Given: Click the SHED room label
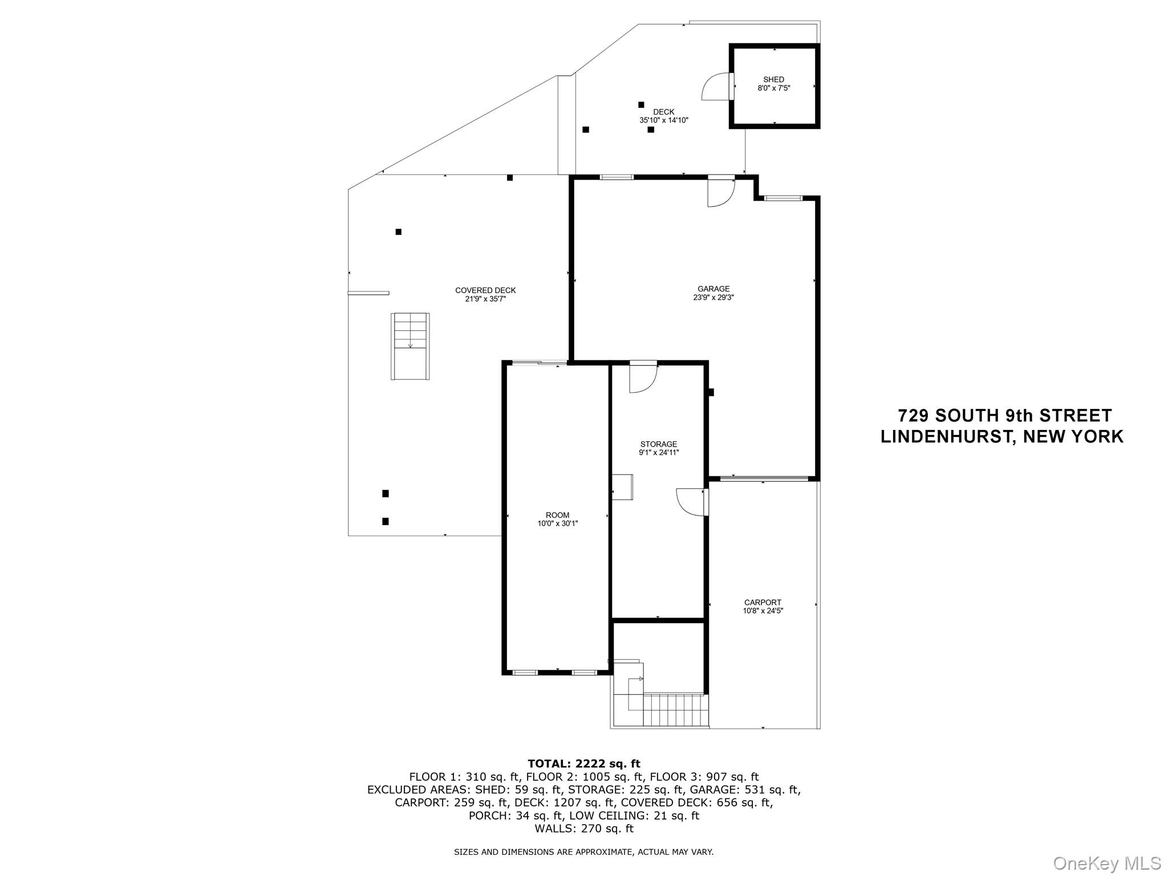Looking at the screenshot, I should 773,84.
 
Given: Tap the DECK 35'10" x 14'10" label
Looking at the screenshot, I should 663,116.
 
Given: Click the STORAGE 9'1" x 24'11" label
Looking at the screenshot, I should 658,448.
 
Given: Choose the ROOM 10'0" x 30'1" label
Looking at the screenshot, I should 557,519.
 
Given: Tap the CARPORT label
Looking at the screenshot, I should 763,606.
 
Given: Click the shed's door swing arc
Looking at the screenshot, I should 715,87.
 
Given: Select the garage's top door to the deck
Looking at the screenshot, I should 720,192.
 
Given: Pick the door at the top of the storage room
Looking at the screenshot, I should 643,378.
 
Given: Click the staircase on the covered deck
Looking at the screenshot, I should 410,346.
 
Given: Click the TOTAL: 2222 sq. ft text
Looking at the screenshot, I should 583,764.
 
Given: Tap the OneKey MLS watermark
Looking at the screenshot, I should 1106,863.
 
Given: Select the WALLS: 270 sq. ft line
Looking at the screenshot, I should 583,828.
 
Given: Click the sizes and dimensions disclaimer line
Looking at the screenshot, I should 583,852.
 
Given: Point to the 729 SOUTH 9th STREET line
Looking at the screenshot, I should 1005,415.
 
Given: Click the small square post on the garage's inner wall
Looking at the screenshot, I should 711,392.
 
